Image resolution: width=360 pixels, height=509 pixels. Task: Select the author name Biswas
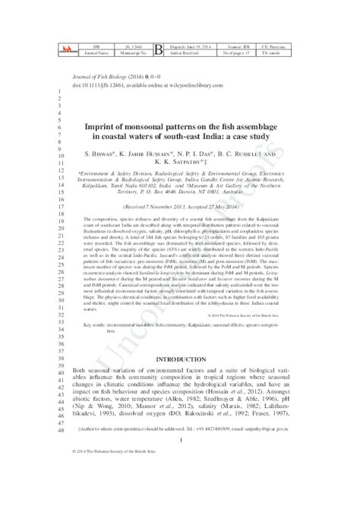click(125, 152)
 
